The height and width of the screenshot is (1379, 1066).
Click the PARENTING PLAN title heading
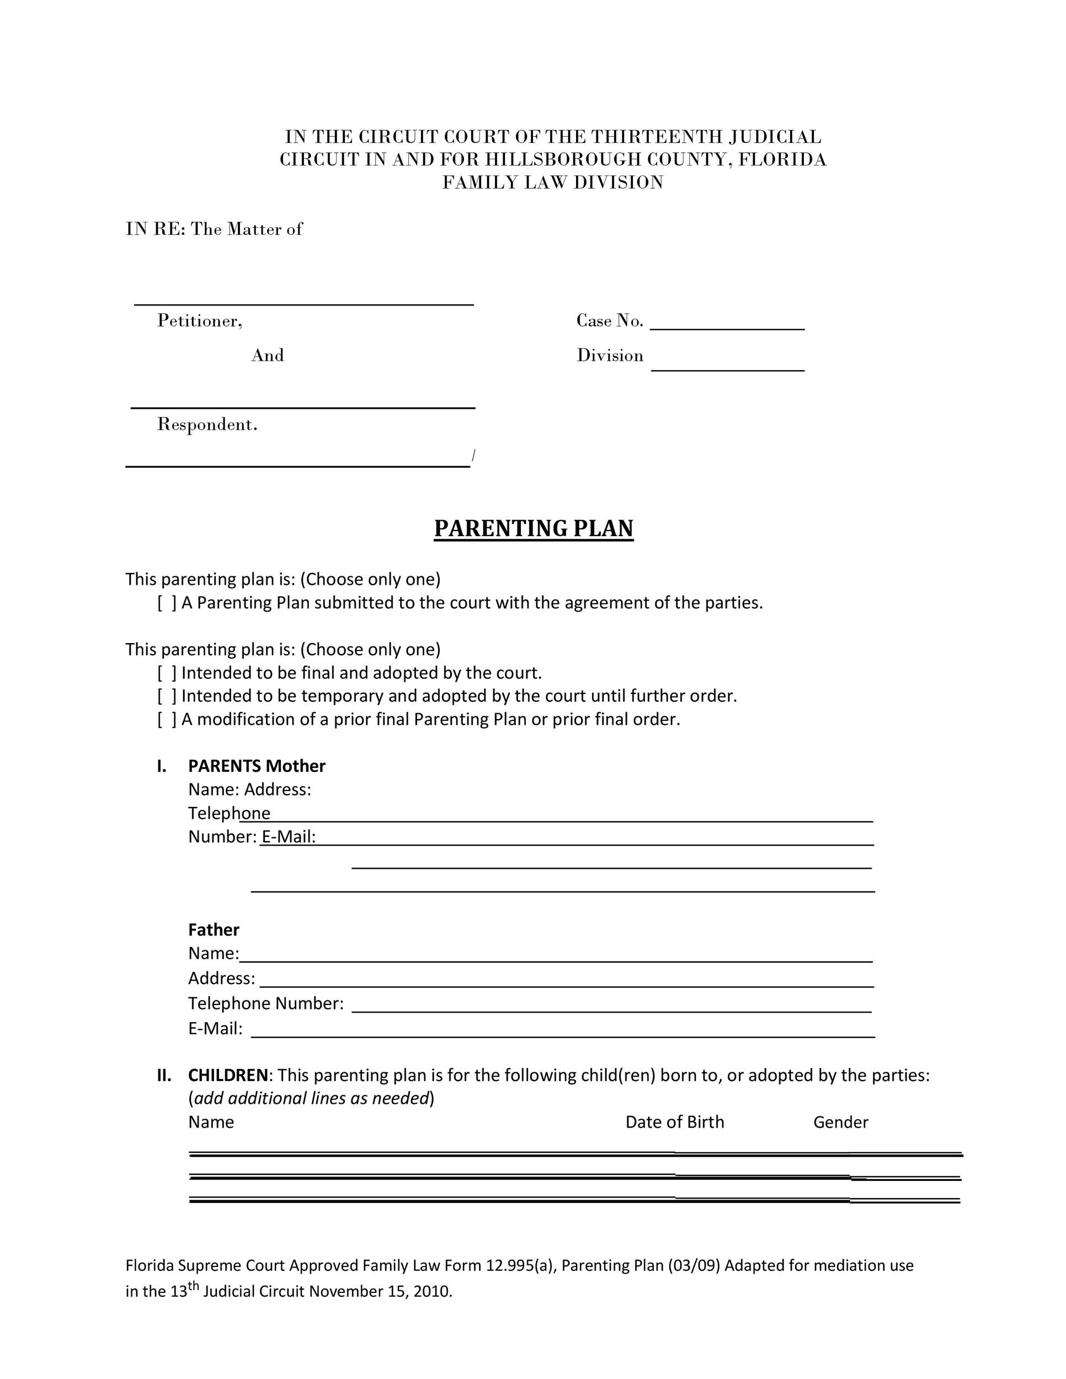[533, 528]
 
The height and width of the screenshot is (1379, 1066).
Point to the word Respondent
[207, 424]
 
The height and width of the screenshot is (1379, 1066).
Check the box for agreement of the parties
[167, 603]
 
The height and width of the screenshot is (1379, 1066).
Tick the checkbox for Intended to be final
[167, 673]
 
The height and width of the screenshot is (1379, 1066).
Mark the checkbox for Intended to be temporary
[167, 697]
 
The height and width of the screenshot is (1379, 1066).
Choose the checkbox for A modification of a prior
[167, 720]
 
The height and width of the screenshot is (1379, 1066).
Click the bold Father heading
[214, 930]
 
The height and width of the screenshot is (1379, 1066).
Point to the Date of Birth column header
[674, 1122]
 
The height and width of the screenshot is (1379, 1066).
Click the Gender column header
[840, 1122]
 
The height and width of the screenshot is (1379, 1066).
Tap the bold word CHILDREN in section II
[228, 1075]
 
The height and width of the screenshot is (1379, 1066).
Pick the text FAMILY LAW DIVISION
[552, 183]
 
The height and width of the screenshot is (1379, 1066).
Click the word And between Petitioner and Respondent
[267, 355]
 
